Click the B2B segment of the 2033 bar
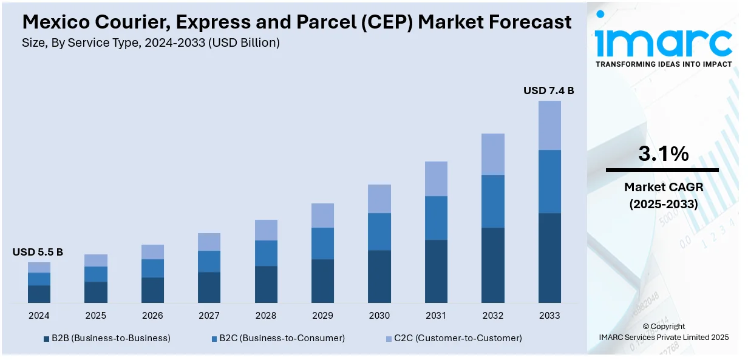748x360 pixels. (549, 257)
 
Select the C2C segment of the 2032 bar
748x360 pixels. (492, 154)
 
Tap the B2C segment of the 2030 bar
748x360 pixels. (379, 231)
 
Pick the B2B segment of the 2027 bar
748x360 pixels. (209, 287)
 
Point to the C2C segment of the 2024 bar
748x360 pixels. (39, 267)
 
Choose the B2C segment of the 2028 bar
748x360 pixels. (266, 253)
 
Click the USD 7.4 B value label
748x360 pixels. (548, 90)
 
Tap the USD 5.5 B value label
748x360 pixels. (38, 252)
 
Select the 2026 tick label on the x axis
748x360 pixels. (152, 316)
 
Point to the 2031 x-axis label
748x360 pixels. (436, 316)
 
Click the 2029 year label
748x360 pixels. (322, 316)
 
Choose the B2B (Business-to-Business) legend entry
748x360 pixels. (107, 338)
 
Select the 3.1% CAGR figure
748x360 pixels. (663, 154)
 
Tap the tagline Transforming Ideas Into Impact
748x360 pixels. (663, 64)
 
